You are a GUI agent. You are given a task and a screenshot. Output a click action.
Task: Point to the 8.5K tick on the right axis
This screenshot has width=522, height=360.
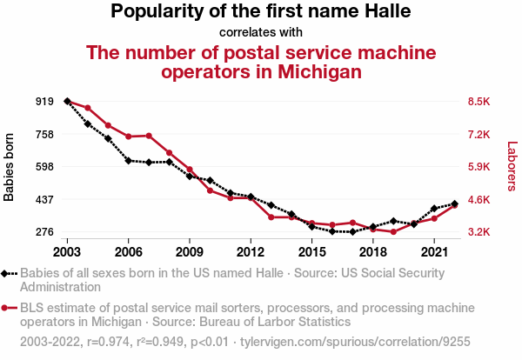click(479, 102)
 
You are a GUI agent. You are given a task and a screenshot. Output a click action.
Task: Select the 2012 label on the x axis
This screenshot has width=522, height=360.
click(251, 252)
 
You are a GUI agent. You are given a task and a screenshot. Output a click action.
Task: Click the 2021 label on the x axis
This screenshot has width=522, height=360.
click(433, 252)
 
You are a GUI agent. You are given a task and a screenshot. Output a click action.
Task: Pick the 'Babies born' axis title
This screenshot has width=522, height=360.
click(10, 167)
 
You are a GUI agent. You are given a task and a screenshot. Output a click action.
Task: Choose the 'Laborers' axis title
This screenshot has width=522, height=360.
click(512, 167)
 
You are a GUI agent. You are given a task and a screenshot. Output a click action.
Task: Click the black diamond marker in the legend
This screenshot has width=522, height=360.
click(6, 273)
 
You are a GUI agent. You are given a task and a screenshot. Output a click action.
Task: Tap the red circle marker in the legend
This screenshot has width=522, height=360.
click(6, 308)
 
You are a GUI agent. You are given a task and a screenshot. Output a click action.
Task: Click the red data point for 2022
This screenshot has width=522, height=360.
click(454, 205)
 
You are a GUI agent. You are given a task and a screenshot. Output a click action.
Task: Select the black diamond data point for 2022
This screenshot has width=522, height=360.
click(454, 203)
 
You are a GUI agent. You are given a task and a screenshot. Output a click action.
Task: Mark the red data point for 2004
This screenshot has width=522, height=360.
click(88, 108)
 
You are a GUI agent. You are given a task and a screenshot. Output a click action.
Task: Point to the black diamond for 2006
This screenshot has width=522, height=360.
click(128, 160)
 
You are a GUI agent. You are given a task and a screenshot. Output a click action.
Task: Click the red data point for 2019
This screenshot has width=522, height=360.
click(393, 232)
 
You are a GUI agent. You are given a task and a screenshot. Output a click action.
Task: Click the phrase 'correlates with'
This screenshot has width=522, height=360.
click(261, 33)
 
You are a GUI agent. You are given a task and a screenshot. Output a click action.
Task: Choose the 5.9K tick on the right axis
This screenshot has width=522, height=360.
click(479, 167)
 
